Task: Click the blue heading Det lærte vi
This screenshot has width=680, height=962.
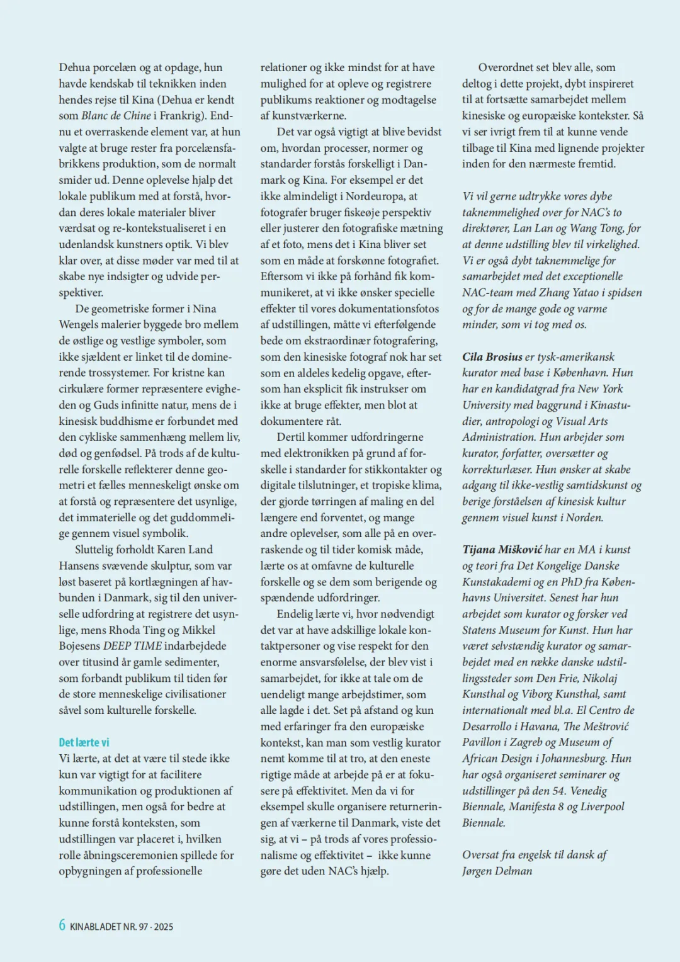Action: (x=84, y=742)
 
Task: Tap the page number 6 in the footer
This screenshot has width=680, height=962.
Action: (x=62, y=925)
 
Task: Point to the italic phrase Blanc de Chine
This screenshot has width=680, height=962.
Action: (x=116, y=115)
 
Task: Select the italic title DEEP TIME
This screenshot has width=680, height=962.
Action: (x=126, y=645)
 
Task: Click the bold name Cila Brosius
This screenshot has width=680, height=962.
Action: (x=492, y=356)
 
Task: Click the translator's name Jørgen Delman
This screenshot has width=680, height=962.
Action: (x=497, y=871)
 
